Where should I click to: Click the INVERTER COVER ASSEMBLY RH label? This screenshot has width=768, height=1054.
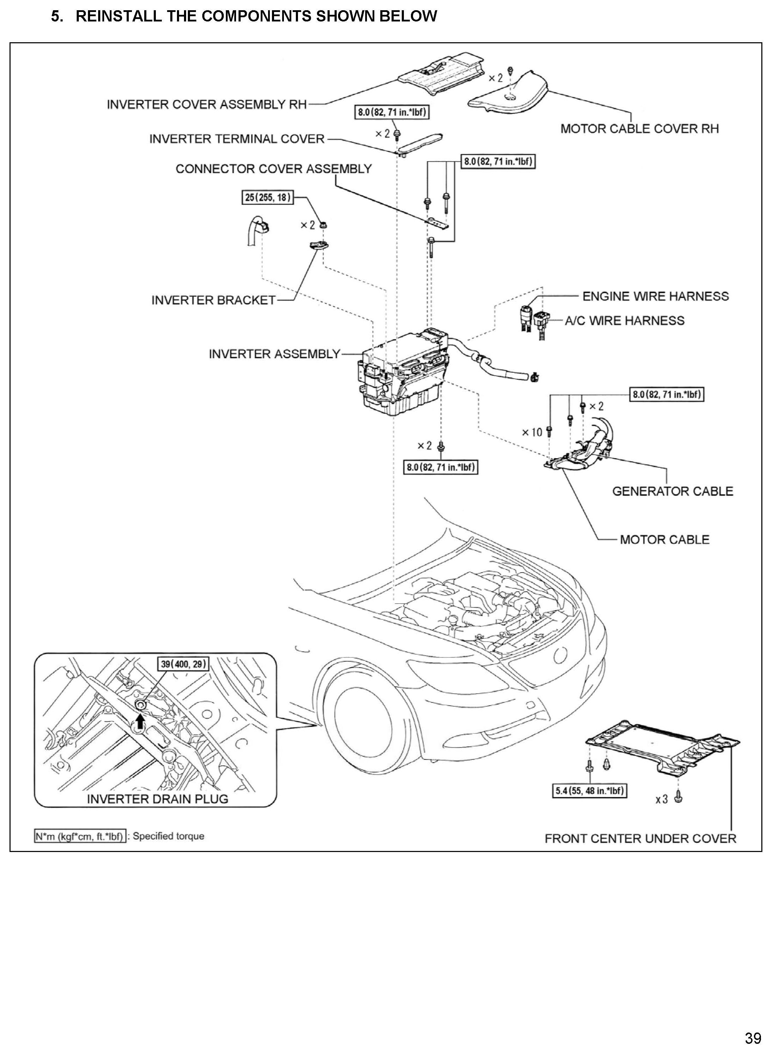click(207, 105)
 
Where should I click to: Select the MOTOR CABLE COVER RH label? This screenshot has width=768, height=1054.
click(639, 129)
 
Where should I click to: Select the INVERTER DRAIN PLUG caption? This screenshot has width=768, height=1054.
click(158, 799)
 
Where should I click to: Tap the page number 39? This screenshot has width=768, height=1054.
click(753, 1038)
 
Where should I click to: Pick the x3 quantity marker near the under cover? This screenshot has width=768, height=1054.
click(661, 799)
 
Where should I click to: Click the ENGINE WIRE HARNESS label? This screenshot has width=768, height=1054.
click(655, 296)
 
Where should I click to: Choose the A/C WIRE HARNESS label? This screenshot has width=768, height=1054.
click(624, 321)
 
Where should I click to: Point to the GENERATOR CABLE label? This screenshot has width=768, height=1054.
click(672, 491)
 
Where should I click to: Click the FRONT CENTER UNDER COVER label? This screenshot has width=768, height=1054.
click(640, 839)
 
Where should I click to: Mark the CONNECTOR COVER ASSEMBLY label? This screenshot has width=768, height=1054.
click(273, 169)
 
